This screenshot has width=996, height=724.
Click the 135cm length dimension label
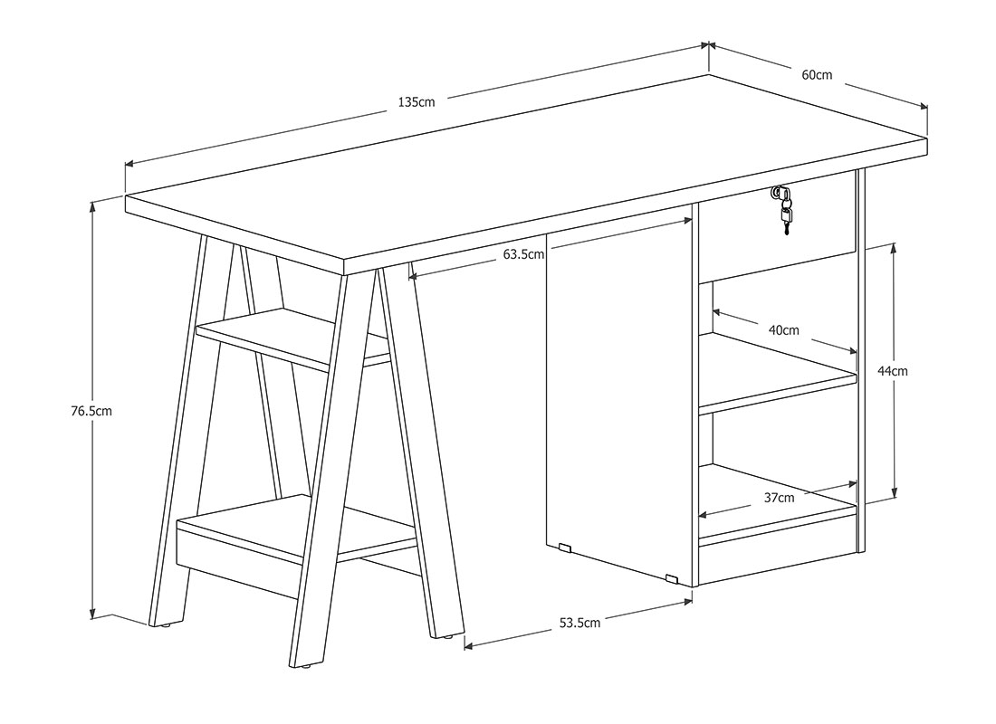417,101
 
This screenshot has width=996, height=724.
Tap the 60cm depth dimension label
817,75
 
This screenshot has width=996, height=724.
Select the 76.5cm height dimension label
91,411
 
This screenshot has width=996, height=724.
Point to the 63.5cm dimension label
524,254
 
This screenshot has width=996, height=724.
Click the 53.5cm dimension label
579,623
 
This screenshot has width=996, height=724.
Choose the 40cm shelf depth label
784,330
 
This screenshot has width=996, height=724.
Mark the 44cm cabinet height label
893,371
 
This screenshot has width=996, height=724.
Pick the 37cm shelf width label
779,498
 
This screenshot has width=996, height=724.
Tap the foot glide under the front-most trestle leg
306,666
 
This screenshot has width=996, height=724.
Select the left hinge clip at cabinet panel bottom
564,547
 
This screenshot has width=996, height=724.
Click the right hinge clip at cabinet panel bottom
672,578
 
